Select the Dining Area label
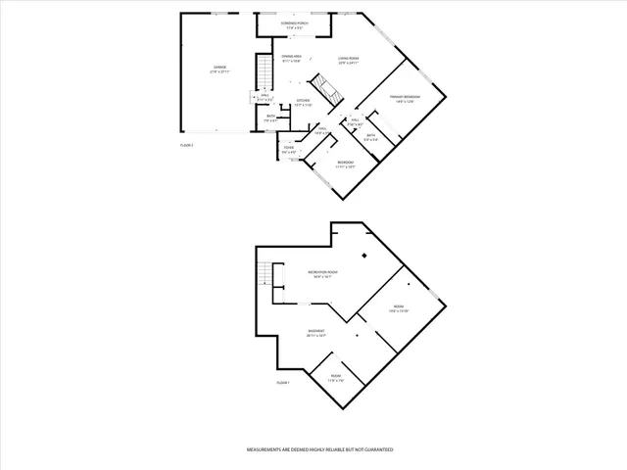(x=292, y=57)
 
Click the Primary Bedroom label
(x=404, y=97)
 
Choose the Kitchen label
(x=304, y=101)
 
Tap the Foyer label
(x=288, y=149)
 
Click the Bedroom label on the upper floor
(x=345, y=162)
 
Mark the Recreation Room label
(x=322, y=271)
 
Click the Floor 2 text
(x=187, y=145)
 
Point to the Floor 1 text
(x=283, y=382)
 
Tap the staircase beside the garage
(x=263, y=71)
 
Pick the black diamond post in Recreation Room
(x=363, y=257)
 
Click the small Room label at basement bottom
(x=336, y=376)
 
